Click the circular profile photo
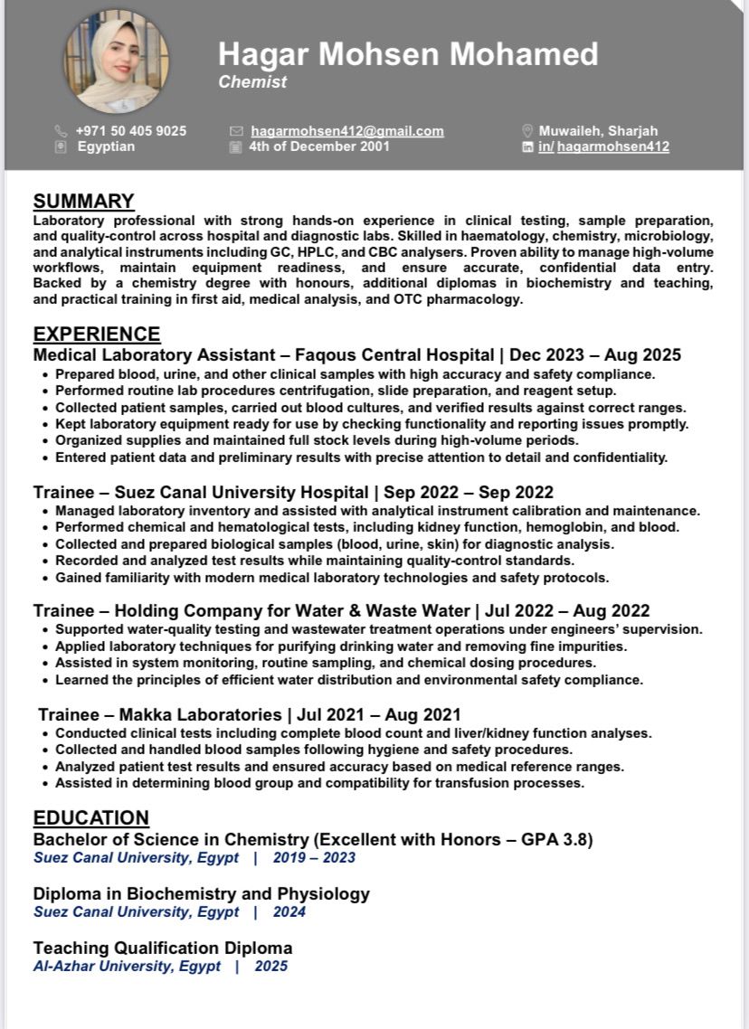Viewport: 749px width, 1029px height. point(116,61)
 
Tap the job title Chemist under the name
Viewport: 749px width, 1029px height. point(252,82)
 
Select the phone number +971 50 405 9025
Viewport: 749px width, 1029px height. point(131,131)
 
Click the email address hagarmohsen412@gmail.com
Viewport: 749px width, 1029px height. point(347,131)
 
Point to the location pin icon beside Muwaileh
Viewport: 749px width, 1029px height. point(528,131)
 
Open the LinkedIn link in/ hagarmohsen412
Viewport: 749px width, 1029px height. point(603,146)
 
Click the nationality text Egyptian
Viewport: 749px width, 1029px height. point(106,146)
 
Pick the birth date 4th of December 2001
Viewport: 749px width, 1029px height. point(319,146)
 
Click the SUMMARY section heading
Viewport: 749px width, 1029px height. point(83,201)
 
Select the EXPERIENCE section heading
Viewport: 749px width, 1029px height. point(97,334)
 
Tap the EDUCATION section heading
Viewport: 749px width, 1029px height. point(91,818)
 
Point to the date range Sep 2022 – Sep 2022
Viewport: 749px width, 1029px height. point(469,493)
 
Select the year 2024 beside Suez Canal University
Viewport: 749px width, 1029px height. point(289,912)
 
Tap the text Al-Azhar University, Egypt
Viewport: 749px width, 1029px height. point(127,967)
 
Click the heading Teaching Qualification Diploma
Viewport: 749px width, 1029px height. point(163,949)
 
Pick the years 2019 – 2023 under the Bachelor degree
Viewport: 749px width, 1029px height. point(314,858)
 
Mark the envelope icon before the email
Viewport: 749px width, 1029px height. point(237,131)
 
